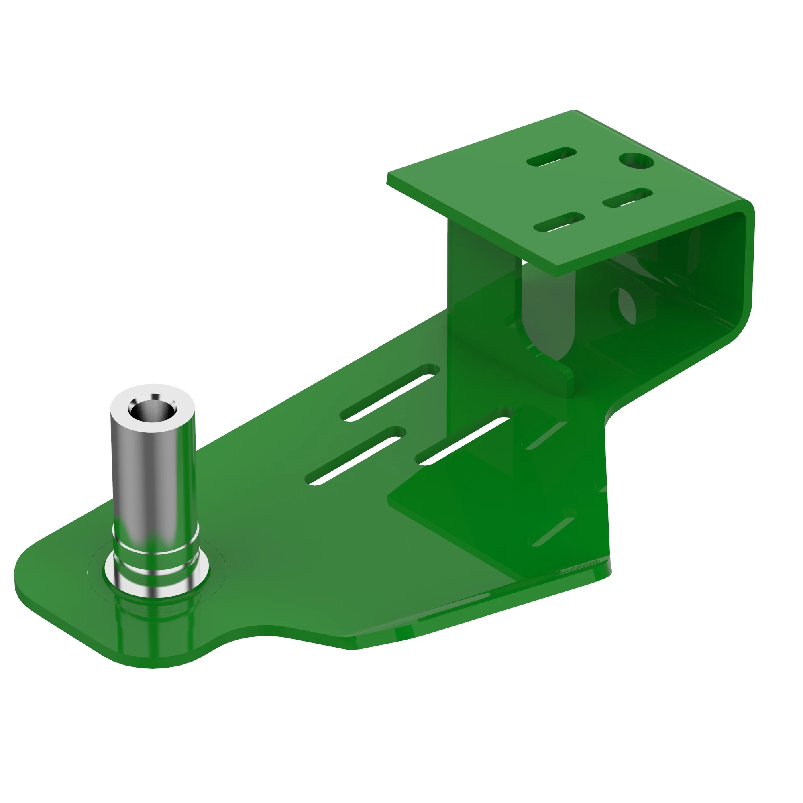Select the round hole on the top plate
636,161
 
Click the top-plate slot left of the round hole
552,157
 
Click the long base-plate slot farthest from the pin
389,392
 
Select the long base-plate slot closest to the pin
355,456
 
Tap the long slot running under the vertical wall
463,436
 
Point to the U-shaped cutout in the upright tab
548,316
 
